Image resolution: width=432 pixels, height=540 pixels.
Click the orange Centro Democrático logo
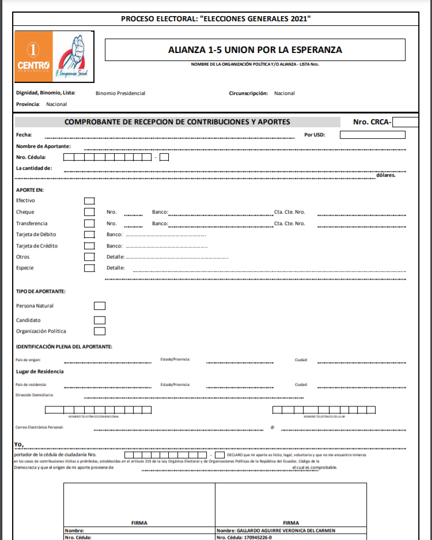pos(33,56)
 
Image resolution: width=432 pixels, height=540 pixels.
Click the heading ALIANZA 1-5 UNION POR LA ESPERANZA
pos(255,50)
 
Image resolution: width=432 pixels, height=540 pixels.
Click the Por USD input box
pos(372,135)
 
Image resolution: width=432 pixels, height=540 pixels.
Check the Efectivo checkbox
pos(89,200)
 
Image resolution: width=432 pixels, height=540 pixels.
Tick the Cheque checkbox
pos(89,212)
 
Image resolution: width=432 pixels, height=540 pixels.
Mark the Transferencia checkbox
pos(89,223)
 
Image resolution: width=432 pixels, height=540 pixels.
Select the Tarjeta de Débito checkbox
pos(89,234)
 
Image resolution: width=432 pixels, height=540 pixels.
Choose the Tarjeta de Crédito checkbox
pos(89,246)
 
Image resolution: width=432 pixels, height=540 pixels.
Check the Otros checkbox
pos(89,257)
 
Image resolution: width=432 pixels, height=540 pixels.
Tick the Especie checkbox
pos(89,268)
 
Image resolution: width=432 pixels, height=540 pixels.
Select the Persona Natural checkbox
pos(100,306)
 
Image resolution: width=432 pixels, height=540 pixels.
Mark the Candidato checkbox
pos(100,320)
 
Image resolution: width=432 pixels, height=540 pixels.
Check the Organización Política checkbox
pos(100,331)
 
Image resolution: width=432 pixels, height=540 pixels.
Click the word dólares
pos(385,175)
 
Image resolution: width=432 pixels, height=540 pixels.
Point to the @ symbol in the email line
pos(272,428)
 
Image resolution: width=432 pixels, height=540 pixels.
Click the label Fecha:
pos(24,135)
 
